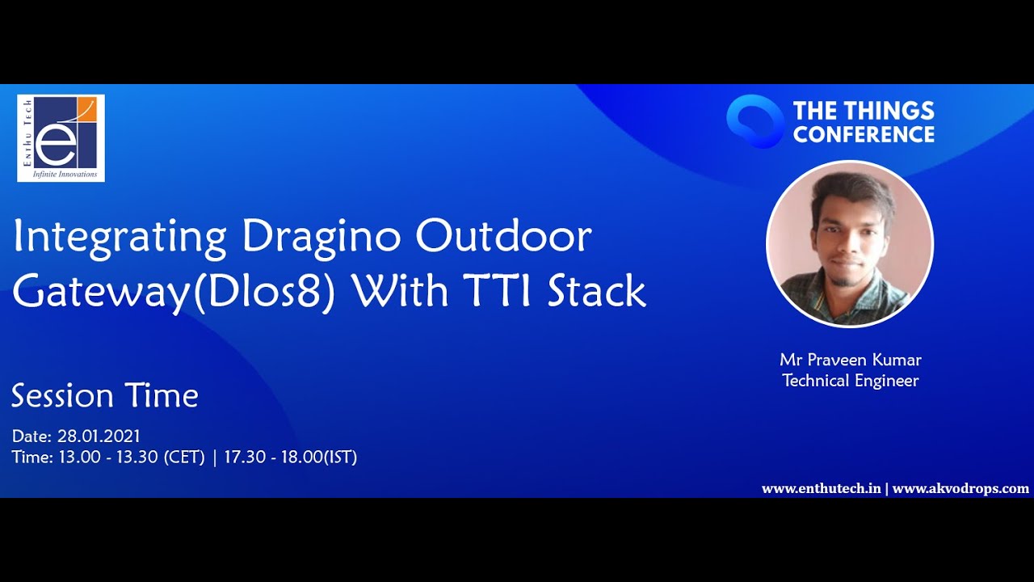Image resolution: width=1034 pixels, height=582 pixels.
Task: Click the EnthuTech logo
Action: pos(61,138)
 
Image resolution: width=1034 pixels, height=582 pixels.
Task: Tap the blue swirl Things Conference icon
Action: pos(754,121)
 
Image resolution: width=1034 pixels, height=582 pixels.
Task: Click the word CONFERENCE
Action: pos(864,134)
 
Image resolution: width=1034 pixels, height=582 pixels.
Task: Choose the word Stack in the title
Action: pos(597,291)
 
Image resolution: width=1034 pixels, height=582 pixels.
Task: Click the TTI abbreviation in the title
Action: pos(498,291)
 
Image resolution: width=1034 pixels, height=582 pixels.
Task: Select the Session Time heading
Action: pos(105,396)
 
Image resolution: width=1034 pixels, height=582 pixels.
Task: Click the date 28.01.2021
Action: pos(99,436)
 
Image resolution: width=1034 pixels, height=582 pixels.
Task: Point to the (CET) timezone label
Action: pos(184,458)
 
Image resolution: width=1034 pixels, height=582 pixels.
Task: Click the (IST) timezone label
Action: pos(341,458)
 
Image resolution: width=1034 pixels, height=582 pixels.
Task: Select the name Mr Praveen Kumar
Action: pos(851,360)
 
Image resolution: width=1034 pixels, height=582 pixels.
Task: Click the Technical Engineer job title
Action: pos(851,381)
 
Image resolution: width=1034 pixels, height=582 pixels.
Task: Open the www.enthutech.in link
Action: pos(822,488)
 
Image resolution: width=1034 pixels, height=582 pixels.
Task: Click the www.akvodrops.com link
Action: pos(960,489)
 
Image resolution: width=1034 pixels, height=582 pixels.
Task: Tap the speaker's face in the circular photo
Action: pos(848,240)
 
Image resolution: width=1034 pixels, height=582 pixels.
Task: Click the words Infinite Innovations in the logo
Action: pos(65,174)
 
